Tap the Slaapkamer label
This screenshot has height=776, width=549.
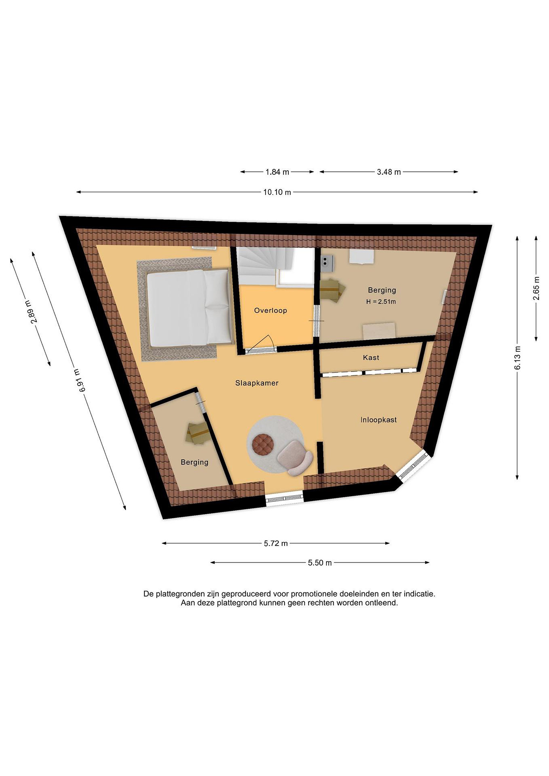click(257, 383)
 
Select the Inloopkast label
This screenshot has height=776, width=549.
click(378, 420)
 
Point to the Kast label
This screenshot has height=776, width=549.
click(371, 357)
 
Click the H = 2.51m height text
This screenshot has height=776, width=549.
click(381, 302)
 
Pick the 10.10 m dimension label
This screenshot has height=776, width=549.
click(277, 192)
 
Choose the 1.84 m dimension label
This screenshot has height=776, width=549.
click(277, 172)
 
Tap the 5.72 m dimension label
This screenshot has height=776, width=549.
click(276, 543)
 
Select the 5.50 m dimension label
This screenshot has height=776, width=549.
click(320, 563)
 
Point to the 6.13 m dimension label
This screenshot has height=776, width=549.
click(517, 358)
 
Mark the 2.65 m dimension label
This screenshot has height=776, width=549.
click(537, 288)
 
